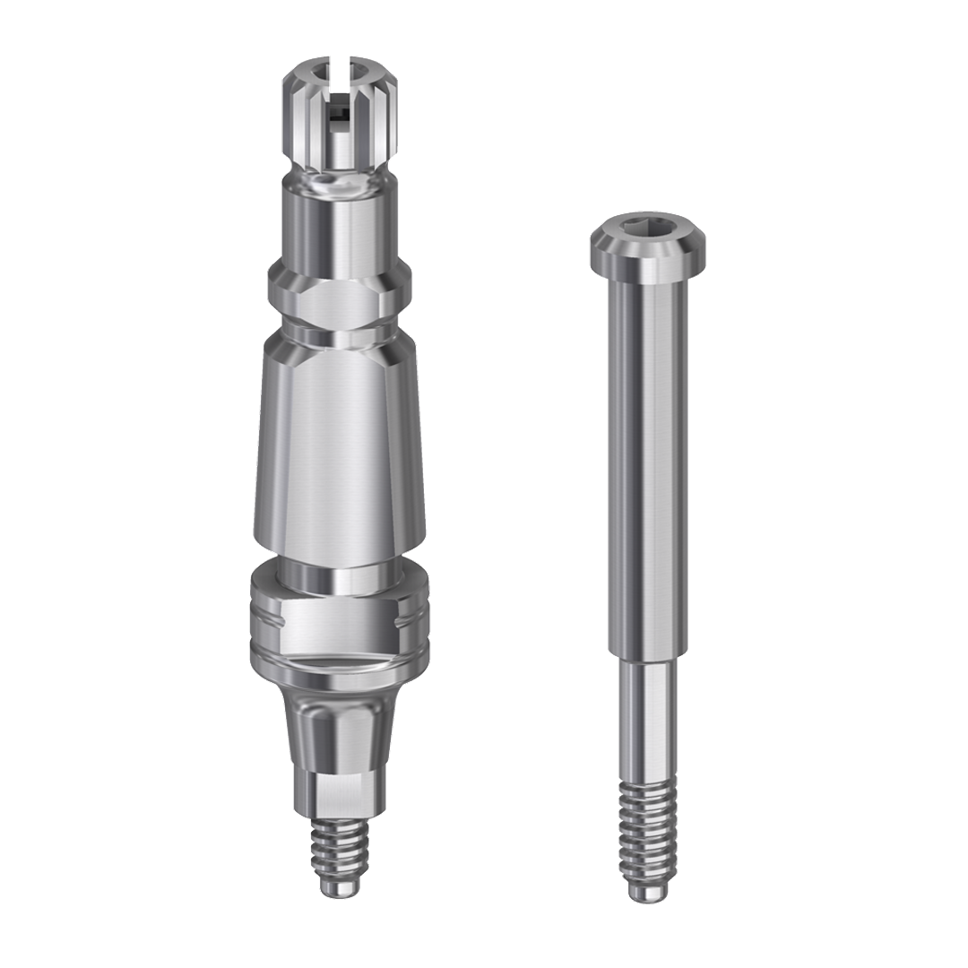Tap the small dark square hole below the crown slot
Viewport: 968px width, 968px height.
[337, 114]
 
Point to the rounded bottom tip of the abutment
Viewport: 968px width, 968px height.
[339, 888]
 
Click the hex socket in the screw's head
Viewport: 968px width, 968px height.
[645, 234]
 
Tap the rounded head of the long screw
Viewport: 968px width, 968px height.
[645, 255]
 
